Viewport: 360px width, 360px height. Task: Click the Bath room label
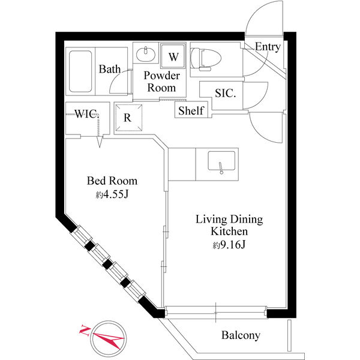pos(110,69)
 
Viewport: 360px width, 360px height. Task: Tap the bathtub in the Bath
pos(80,71)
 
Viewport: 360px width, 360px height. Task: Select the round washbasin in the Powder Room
pos(146,54)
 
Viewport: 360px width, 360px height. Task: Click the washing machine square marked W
pos(173,56)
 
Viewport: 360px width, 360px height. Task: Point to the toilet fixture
pos(205,59)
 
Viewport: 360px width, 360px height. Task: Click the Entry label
pos(268,47)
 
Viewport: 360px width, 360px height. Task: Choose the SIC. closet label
pos(225,93)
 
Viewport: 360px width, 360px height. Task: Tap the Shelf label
pos(191,110)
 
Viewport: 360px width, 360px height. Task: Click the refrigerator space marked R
pos(128,118)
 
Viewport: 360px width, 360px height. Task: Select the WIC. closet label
pos(87,113)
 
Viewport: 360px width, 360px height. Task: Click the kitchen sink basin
pos(221,161)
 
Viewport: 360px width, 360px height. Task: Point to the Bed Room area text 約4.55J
pos(112,194)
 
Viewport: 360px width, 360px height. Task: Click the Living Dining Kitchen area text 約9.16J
pos(229,245)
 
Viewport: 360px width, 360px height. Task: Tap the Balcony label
pos(241,335)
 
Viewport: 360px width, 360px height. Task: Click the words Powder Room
pos(161,82)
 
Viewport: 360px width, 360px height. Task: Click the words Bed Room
pos(112,181)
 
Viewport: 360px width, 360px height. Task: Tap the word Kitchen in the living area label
pos(229,232)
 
